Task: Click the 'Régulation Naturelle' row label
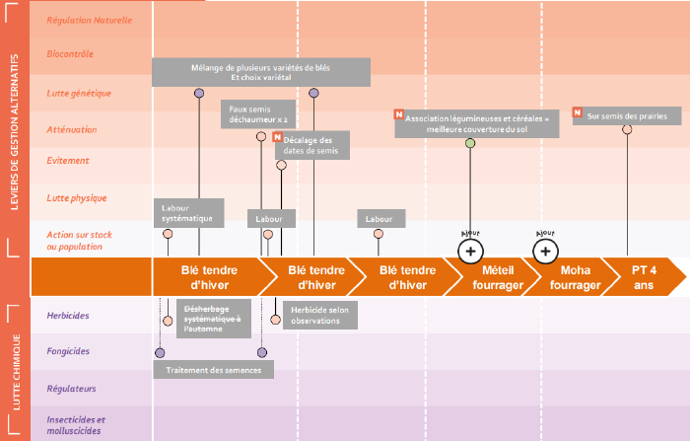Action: pyautogui.click(x=90, y=21)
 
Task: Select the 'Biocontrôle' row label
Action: pyautogui.click(x=70, y=54)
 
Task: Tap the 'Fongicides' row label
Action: pyautogui.click(x=68, y=351)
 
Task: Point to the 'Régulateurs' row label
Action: pyautogui.click(x=71, y=389)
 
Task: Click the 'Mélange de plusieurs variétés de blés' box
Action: pyautogui.click(x=261, y=72)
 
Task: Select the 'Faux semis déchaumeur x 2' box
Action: pyautogui.click(x=258, y=114)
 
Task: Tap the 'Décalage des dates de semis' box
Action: pyautogui.click(x=312, y=145)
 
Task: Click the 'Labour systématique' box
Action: pyautogui.click(x=189, y=213)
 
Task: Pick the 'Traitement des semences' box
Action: pyautogui.click(x=214, y=370)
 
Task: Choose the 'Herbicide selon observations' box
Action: pyautogui.click(x=320, y=315)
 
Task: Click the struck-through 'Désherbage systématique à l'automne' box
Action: pyautogui.click(x=214, y=319)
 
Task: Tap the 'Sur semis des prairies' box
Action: pyautogui.click(x=627, y=115)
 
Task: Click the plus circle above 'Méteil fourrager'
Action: pyautogui.click(x=470, y=252)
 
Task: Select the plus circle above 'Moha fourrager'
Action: pyautogui.click(x=545, y=252)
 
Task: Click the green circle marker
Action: pyautogui.click(x=470, y=143)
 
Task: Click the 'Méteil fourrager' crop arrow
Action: pyautogui.click(x=495, y=277)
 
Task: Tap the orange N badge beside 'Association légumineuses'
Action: pyautogui.click(x=398, y=114)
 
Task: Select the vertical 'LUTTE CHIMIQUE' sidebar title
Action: pyautogui.click(x=17, y=372)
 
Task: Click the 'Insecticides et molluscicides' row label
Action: pyautogui.click(x=76, y=425)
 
